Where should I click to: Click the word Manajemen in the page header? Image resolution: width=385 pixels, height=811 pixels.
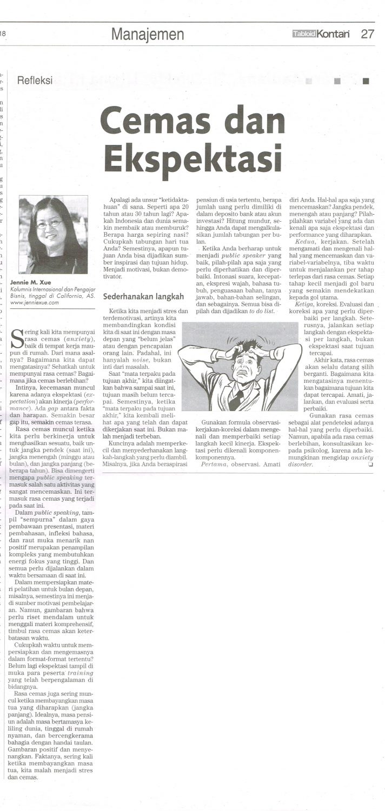(148, 35)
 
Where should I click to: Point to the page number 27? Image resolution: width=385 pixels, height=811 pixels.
(367, 34)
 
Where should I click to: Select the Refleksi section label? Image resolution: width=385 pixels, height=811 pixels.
(35, 81)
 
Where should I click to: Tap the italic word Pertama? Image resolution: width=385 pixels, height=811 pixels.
(215, 464)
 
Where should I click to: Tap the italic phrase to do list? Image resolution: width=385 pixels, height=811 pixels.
(261, 311)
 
